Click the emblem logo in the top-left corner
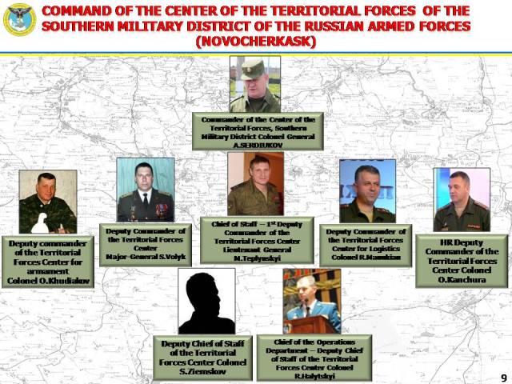click(19, 19)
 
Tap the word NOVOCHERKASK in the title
click(255, 42)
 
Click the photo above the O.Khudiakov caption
click(48, 201)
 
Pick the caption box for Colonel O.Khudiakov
click(48, 262)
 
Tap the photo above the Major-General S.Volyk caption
click(146, 190)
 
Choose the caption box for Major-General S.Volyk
click(146, 244)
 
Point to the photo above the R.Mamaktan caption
click(367, 190)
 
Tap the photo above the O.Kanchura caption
click(462, 199)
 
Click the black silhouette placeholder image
click(206, 301)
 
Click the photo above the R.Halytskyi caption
click(311, 301)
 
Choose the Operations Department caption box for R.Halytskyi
click(314, 358)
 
